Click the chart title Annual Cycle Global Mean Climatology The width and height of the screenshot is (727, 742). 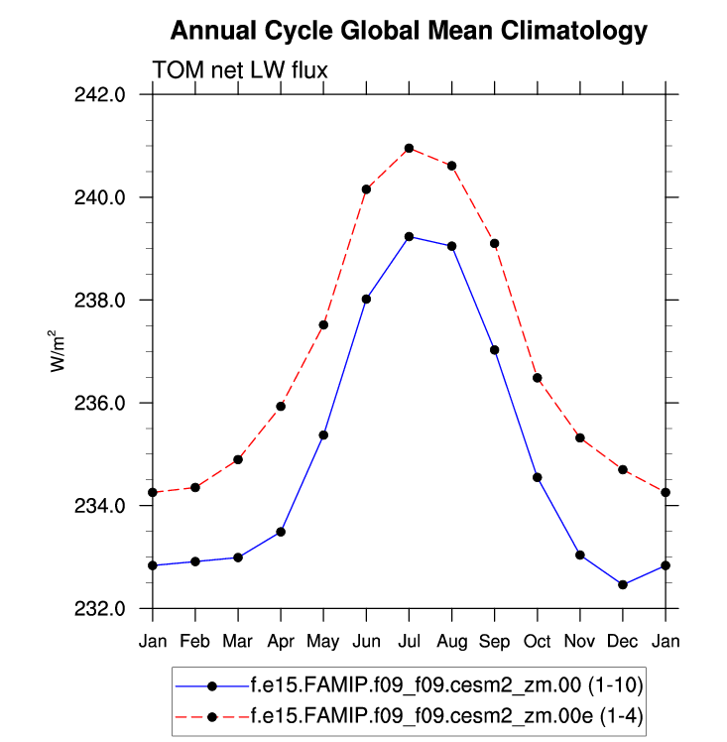coord(409,31)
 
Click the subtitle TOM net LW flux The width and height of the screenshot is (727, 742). coord(239,70)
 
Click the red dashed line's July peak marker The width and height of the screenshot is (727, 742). coord(409,149)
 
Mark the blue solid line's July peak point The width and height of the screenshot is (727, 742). coord(409,236)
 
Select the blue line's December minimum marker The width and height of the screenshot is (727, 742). coord(623,584)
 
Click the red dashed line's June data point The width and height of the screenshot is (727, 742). coord(366,189)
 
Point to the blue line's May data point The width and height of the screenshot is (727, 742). coord(323,434)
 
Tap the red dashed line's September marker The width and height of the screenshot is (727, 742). coord(494,243)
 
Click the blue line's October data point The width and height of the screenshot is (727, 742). coord(538,477)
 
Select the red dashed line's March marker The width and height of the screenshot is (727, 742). coord(238,459)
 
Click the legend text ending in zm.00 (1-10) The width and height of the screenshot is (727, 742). coord(449,685)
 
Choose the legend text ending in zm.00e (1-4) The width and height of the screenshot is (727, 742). coord(449,712)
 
